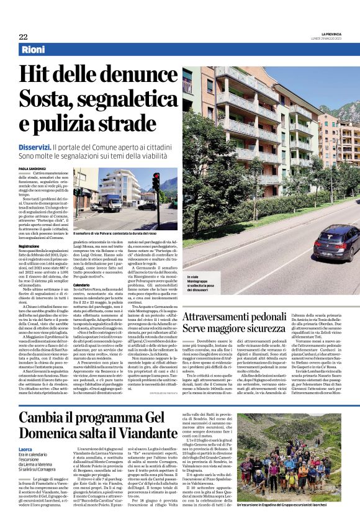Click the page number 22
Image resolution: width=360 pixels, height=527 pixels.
[23, 37]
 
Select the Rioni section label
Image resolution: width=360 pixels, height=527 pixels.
[32, 49]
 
